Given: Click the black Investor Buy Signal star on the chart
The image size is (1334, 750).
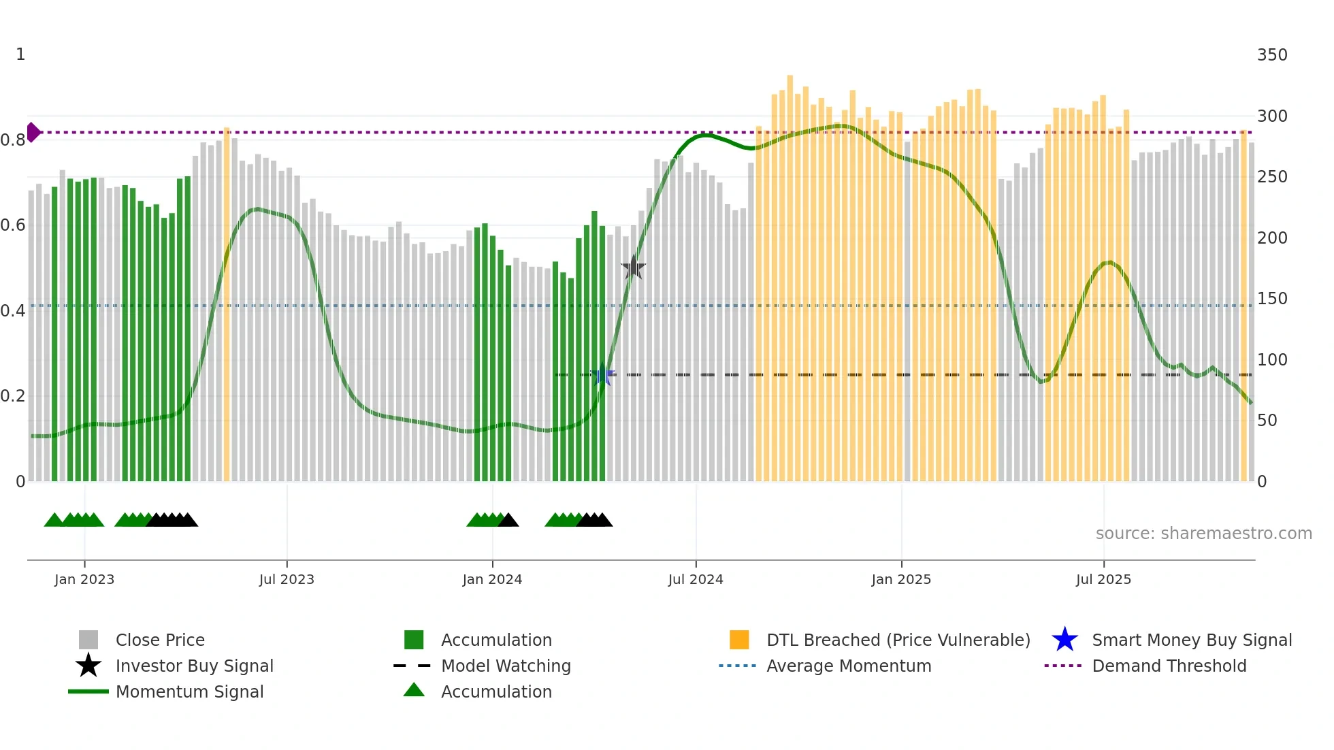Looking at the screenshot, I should click(x=633, y=268).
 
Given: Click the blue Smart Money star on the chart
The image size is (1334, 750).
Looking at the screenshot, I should click(x=602, y=375).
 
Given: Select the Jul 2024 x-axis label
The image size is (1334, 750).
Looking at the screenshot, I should click(x=695, y=579).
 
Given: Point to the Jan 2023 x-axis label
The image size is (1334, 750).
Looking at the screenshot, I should click(x=84, y=579).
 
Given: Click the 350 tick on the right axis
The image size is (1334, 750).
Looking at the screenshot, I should click(x=1271, y=55).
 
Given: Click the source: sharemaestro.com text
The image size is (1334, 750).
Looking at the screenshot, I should click(x=1203, y=534).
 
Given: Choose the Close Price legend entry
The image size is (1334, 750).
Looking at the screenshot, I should click(x=160, y=640).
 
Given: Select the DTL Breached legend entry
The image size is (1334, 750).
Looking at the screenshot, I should click(x=898, y=640).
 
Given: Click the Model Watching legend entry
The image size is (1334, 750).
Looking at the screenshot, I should click(x=505, y=666).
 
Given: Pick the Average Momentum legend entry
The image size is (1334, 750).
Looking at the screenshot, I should click(x=848, y=666).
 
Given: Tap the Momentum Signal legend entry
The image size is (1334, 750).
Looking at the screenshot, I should click(x=189, y=691).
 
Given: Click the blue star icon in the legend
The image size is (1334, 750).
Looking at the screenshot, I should click(x=1064, y=640).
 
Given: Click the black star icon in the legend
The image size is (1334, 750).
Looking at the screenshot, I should click(x=88, y=666).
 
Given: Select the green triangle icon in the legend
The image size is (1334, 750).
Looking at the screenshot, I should click(x=414, y=690).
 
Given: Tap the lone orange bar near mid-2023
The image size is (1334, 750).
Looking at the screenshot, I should click(x=227, y=306).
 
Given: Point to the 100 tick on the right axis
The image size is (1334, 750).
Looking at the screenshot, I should click(x=1271, y=359).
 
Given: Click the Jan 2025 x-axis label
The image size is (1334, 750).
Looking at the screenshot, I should click(x=901, y=579).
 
